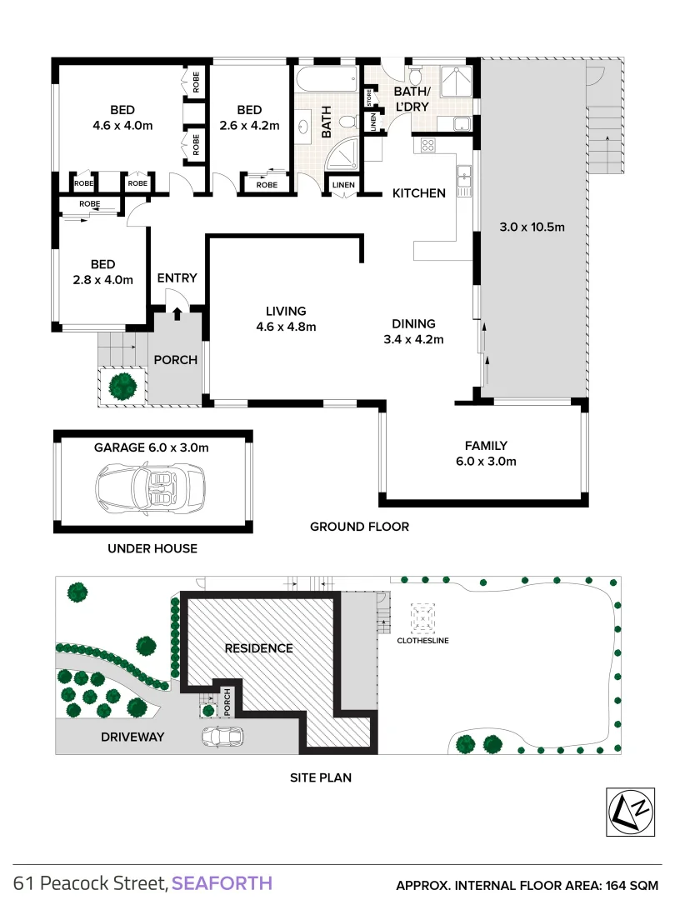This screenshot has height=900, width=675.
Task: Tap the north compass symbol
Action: click(627, 811)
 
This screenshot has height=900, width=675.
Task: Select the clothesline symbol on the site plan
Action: click(420, 617)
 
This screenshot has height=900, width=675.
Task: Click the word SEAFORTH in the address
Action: click(222, 882)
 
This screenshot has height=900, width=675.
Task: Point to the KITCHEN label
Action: click(419, 193)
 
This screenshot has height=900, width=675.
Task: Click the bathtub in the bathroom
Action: click(327, 81)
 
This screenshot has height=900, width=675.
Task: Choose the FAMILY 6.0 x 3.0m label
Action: click(486, 453)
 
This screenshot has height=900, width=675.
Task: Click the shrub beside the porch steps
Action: click(123, 385)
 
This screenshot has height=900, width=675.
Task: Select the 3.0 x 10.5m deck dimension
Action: click(532, 226)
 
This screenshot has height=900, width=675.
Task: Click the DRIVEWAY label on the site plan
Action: click(132, 737)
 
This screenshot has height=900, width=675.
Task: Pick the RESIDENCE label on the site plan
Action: click(258, 647)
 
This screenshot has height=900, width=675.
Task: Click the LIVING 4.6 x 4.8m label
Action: click(286, 319)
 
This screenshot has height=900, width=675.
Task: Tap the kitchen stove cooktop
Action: click(428, 145)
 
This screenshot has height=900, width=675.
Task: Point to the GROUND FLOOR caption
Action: click(359, 527)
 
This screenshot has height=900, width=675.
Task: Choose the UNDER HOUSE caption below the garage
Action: click(152, 548)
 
